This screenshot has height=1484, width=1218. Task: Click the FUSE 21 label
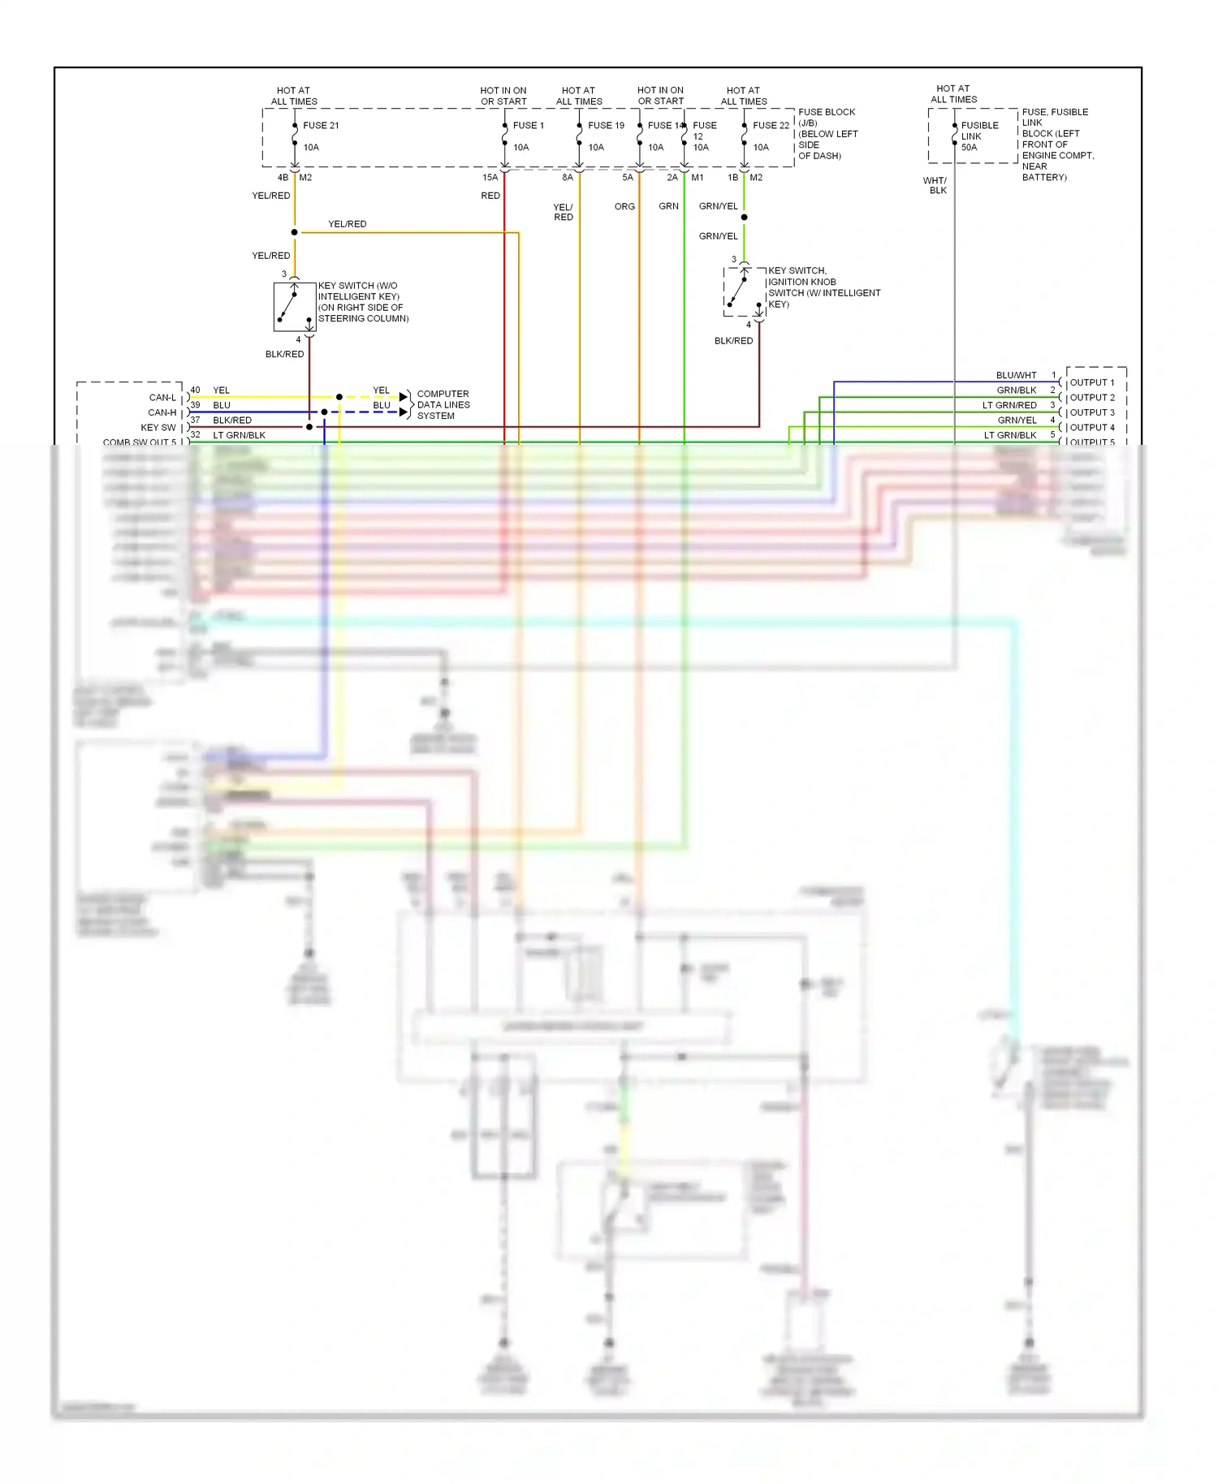[321, 125]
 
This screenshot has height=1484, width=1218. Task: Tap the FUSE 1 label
[528, 125]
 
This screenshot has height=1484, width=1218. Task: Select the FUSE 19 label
[606, 125]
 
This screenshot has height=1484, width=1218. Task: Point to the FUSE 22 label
[770, 125]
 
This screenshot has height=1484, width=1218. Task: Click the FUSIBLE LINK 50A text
[978, 136]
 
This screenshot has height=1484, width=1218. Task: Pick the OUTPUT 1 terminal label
[1091, 382]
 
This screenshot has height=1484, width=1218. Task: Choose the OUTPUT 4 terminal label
[1091, 427]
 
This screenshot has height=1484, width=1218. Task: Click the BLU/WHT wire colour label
[1016, 375]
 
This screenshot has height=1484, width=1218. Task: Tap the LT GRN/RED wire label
[1009, 405]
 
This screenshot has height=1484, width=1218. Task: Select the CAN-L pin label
[162, 398]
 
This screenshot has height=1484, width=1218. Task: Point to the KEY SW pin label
[158, 427]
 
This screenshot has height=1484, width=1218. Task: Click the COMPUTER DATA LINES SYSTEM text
[443, 404]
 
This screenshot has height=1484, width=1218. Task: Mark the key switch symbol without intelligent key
[294, 307]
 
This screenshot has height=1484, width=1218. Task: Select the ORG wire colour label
[624, 206]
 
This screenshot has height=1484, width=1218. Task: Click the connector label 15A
[490, 177]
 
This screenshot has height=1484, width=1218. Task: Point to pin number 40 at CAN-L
[195, 390]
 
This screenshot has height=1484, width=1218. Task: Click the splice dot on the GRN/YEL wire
[744, 217]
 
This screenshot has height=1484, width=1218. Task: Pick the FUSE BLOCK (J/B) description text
[827, 133]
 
